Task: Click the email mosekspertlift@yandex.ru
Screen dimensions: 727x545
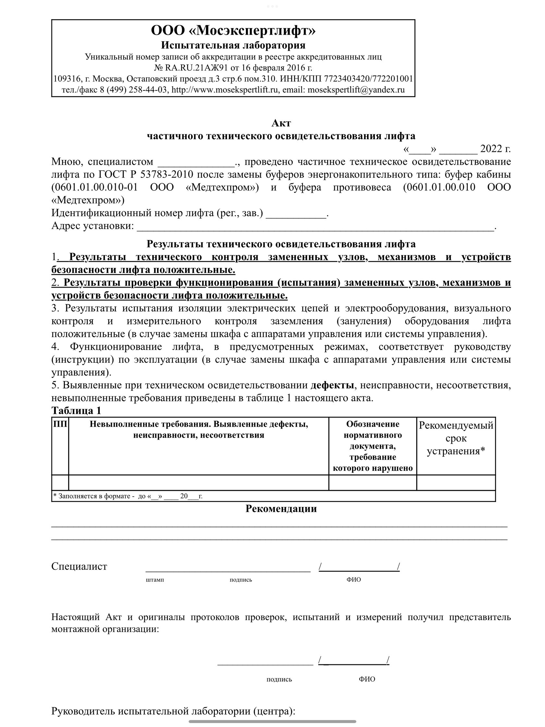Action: [x=356, y=90]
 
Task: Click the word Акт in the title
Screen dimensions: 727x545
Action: [x=281, y=123]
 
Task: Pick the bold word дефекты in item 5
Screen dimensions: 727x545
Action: [x=332, y=385]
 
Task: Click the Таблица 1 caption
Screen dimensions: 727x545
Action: [x=76, y=411]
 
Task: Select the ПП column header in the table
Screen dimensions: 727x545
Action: [x=60, y=424]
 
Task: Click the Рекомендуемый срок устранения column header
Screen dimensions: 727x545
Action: [x=455, y=438]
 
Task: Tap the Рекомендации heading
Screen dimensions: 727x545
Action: [x=281, y=509]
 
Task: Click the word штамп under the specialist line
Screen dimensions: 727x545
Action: [x=154, y=579]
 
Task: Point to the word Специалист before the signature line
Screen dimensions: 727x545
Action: [x=79, y=566]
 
